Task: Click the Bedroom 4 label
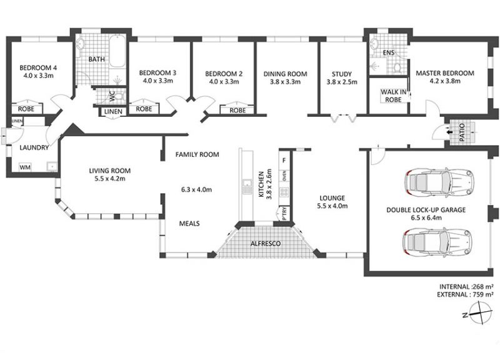coord(38,67)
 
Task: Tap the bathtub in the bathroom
coord(117,51)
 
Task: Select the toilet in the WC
coord(119,96)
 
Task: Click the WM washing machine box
coord(25,167)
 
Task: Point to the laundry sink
coord(51,166)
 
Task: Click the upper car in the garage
coord(439,182)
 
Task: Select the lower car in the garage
coord(437,242)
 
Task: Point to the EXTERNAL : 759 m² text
coord(465,294)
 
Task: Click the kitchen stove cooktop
coord(284,192)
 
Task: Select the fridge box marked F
coord(284,161)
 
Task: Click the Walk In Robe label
coord(393,96)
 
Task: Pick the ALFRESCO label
coord(266,244)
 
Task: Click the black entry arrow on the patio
coord(449,132)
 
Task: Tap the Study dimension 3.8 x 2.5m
coord(342,82)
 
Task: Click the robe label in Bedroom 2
coord(238,111)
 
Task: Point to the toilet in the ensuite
coord(397,68)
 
